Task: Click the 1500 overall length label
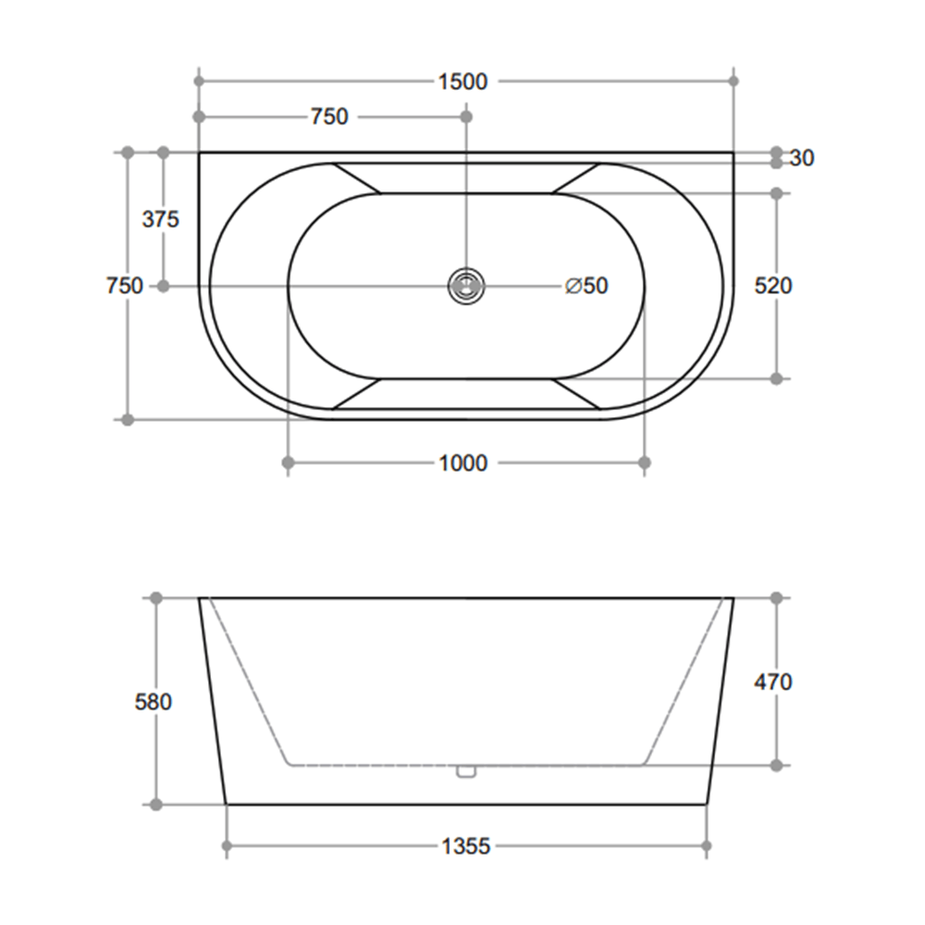point(462,81)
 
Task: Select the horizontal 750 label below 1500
point(329,117)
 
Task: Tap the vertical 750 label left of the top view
point(124,286)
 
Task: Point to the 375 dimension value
point(160,219)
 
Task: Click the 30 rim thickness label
point(803,158)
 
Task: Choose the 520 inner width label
point(773,286)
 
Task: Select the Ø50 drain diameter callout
point(586,286)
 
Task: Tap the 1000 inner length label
point(462,462)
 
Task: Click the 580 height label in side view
point(154,702)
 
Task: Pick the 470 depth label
point(773,683)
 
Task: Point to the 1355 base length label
point(465,846)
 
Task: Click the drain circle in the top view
point(465,286)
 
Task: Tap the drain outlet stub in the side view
point(465,771)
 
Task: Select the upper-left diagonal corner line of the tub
point(356,179)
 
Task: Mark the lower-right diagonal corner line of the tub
point(576,393)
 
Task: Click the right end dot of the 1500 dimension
point(734,81)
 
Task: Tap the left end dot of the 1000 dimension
point(288,462)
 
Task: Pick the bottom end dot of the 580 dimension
point(155,805)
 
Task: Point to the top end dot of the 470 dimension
point(776,598)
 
